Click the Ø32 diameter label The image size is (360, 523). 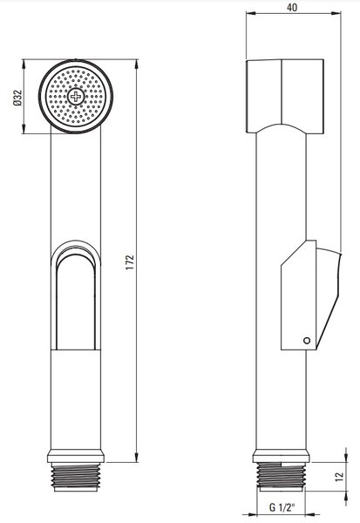(17, 98)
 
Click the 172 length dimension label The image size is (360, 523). (130, 262)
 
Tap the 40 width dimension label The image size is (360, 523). (292, 7)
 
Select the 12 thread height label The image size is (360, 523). (339, 476)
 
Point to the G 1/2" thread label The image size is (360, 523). (282, 507)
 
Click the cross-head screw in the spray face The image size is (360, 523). (76, 97)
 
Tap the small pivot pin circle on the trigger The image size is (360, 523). (307, 341)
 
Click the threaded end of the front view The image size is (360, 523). (76, 477)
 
